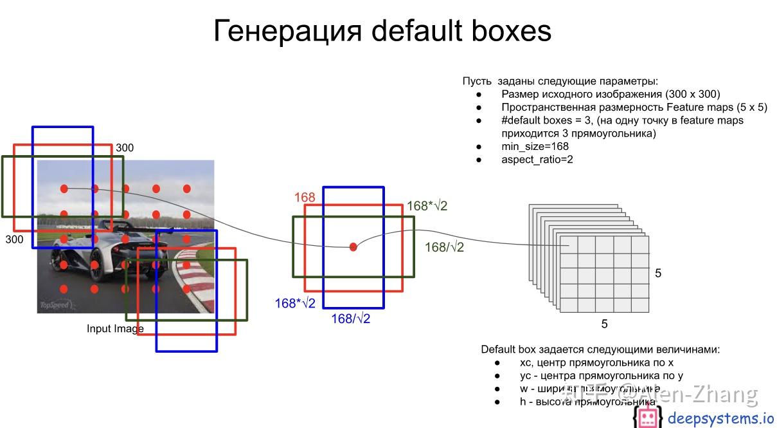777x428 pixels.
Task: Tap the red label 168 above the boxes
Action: tap(305, 197)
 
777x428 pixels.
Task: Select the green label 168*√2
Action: tap(427, 206)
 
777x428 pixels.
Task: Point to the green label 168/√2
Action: tap(444, 247)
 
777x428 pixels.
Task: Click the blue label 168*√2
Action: tap(295, 303)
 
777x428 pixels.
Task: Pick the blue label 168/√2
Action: tap(350, 319)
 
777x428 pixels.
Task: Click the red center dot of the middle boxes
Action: tap(353, 247)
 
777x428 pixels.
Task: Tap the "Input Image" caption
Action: tap(115, 329)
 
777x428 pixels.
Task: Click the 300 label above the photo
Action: tap(125, 148)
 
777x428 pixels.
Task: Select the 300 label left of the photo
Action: tap(14, 239)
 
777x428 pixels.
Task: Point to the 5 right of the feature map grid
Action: tap(658, 274)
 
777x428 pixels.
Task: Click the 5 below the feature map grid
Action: tap(604, 324)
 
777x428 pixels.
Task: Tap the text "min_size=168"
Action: tap(535, 147)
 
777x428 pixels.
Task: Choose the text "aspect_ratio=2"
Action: tap(537, 160)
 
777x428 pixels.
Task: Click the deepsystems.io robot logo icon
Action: tap(647, 418)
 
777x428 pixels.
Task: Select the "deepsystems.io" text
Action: tap(720, 418)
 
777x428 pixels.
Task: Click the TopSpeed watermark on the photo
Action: tap(54, 305)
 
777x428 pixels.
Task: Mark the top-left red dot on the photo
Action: tap(64, 189)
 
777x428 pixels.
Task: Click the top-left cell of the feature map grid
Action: tap(569, 245)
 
